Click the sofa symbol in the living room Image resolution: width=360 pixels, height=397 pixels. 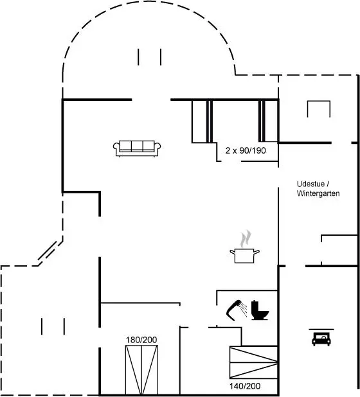pyautogui.click(x=137, y=148)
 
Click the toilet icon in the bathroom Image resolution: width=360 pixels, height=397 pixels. pyautogui.click(x=260, y=310)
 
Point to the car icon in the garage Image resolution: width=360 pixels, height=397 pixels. pyautogui.click(x=321, y=339)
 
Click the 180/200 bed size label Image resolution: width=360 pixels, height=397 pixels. pyautogui.click(x=141, y=340)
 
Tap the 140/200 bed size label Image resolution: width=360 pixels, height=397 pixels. pyautogui.click(x=245, y=386)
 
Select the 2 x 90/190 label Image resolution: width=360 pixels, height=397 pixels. pyautogui.click(x=246, y=151)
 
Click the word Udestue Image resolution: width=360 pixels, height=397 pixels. pyautogui.click(x=310, y=184)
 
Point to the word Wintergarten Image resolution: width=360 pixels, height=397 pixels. pyautogui.click(x=318, y=193)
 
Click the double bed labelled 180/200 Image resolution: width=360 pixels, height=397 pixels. pyautogui.click(x=141, y=369)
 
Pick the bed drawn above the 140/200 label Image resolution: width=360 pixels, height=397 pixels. pyautogui.click(x=253, y=362)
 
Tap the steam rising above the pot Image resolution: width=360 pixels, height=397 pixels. pyautogui.click(x=246, y=238)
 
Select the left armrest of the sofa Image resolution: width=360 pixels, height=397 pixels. pyautogui.click(x=116, y=149)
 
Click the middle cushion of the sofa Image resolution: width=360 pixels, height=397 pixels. pyautogui.click(x=137, y=146)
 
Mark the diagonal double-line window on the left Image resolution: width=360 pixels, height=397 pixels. pyautogui.click(x=48, y=251)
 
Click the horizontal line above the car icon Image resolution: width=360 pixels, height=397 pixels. pyautogui.click(x=321, y=330)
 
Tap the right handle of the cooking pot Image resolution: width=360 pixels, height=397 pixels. pyautogui.click(x=256, y=252)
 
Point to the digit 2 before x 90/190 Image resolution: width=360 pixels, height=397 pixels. pyautogui.click(x=228, y=151)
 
